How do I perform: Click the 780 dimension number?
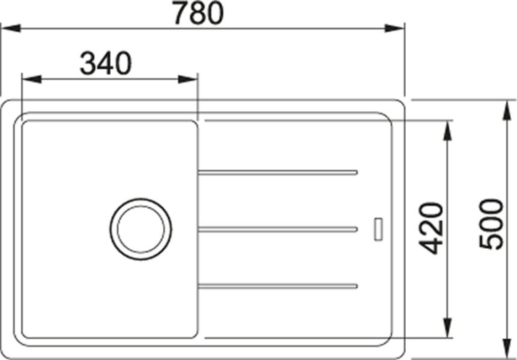point(199,12)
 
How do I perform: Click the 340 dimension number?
point(106,63)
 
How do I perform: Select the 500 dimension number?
point(491,224)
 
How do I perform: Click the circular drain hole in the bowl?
point(141,229)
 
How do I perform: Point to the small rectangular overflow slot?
point(378,229)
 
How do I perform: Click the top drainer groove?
point(277,172)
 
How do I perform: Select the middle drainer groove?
point(277,229)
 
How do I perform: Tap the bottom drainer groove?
point(277,286)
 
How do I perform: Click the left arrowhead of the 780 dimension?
point(12,28)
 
